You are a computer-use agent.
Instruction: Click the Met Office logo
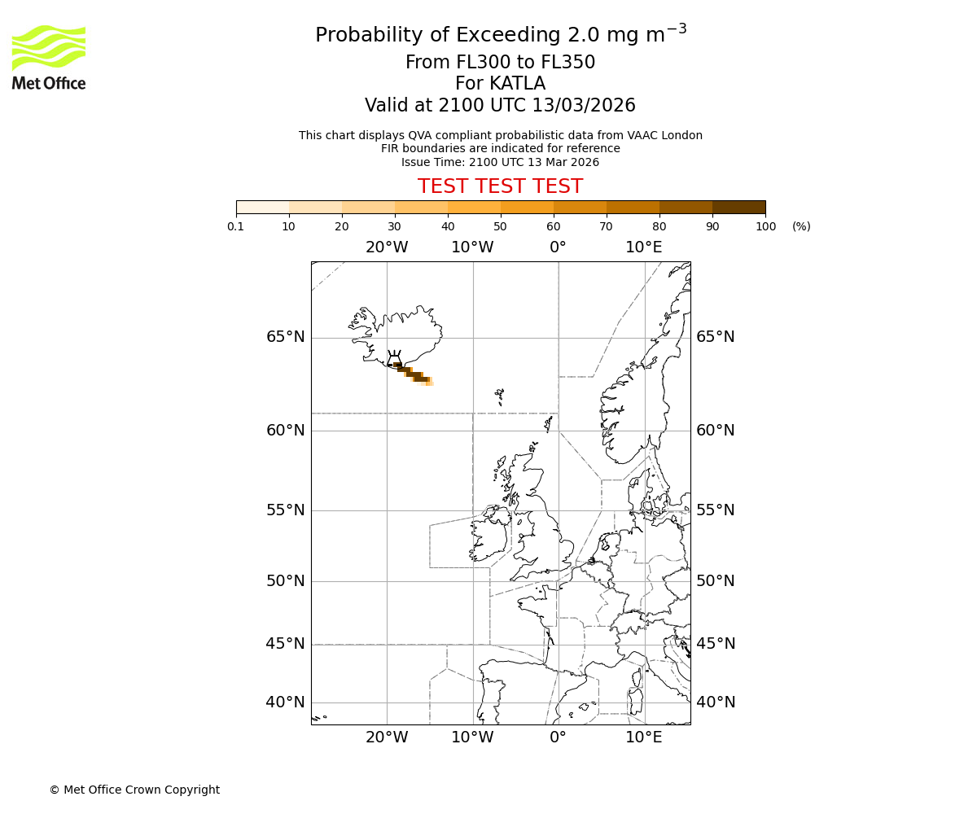(x=49, y=57)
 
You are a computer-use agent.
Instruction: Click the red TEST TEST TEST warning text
(x=500, y=186)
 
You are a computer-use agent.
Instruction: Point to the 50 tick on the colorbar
(x=500, y=226)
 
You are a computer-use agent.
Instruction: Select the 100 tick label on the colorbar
(x=765, y=226)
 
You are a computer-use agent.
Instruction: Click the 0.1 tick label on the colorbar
(x=236, y=226)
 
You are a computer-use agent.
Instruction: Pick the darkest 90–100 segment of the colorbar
(x=738, y=207)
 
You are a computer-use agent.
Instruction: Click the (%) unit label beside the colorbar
(x=801, y=226)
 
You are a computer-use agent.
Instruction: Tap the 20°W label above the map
(x=387, y=247)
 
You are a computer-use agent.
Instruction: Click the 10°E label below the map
(x=643, y=737)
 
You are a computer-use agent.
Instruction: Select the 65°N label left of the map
(x=286, y=337)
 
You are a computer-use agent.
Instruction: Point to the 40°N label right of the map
(x=716, y=702)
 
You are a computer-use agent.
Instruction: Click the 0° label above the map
(x=558, y=247)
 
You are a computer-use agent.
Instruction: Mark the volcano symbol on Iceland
(x=394, y=359)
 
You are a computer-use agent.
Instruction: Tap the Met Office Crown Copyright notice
(x=134, y=790)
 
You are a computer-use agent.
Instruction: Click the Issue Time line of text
(x=500, y=162)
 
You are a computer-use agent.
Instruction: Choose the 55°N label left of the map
(x=286, y=510)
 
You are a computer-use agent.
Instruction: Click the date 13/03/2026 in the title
(x=584, y=105)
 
